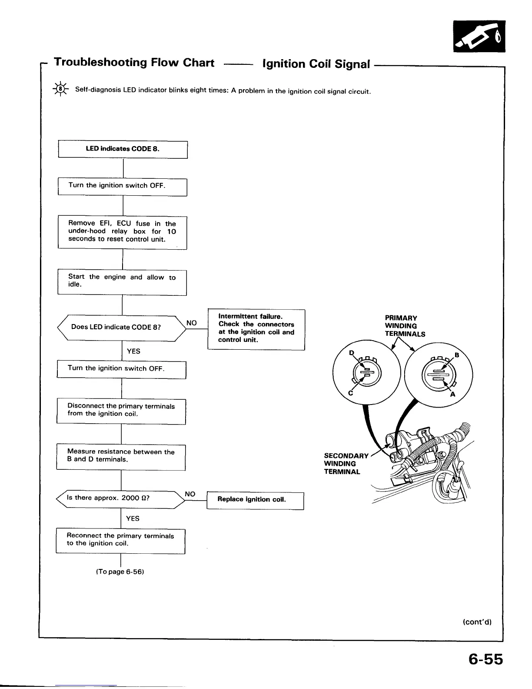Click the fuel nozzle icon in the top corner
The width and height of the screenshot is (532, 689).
tap(479, 37)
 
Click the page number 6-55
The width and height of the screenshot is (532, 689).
tap(485, 659)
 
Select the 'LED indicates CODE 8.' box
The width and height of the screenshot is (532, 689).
tap(123, 149)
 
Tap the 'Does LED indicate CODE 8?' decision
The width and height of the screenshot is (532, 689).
tap(122, 327)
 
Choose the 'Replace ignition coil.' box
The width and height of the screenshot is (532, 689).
tap(255, 500)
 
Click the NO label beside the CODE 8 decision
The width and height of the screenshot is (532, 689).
tap(192, 323)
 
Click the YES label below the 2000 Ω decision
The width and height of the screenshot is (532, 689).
tap(133, 518)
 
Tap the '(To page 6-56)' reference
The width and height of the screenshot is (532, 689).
tap(120, 572)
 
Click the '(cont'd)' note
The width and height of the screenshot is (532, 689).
tap(477, 622)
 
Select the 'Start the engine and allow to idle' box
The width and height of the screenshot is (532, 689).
tap(122, 282)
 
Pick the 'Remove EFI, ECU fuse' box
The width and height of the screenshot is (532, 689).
tap(122, 232)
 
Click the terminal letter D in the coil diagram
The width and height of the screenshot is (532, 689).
tap(352, 352)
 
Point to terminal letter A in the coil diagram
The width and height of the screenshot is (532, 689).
tap(452, 395)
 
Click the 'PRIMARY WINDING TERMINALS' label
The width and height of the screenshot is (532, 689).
tap(404, 326)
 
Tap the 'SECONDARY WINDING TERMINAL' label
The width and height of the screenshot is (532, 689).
tap(346, 464)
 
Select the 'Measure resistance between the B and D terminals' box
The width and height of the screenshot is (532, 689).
tap(121, 456)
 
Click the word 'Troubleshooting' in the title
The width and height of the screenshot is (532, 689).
tap(100, 63)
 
